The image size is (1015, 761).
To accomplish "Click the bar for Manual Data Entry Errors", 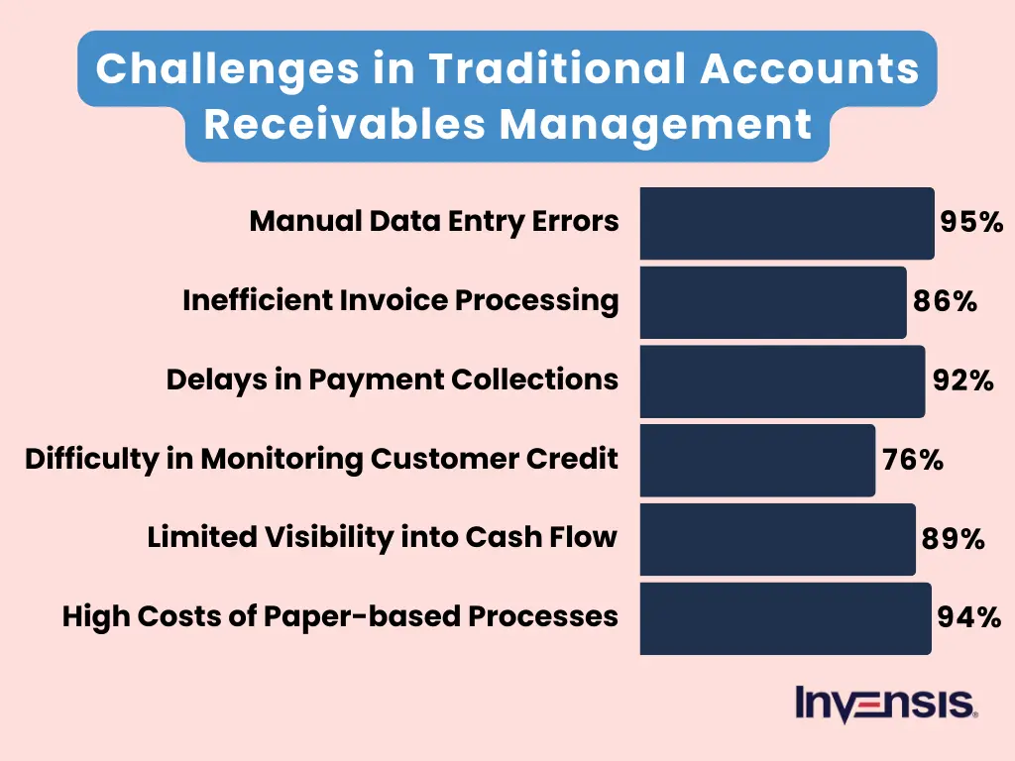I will click(x=787, y=223).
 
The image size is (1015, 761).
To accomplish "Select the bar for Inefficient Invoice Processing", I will click(x=773, y=302).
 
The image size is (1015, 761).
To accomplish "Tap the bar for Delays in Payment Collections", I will click(x=782, y=381).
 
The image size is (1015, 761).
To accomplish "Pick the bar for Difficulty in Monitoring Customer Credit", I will click(x=757, y=461).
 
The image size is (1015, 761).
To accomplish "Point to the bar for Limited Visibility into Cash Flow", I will click(x=777, y=540).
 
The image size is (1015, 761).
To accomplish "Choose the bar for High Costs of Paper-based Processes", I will click(x=785, y=619).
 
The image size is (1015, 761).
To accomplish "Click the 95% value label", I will click(x=971, y=222).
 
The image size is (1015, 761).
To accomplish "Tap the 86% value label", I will click(x=945, y=301).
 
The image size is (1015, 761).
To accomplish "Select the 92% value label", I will click(x=962, y=380).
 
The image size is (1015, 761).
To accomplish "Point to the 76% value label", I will click(x=912, y=460).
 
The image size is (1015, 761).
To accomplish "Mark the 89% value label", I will click(x=953, y=539).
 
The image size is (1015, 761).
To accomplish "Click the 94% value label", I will click(x=968, y=618).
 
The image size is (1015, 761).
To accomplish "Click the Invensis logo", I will click(x=886, y=704).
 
